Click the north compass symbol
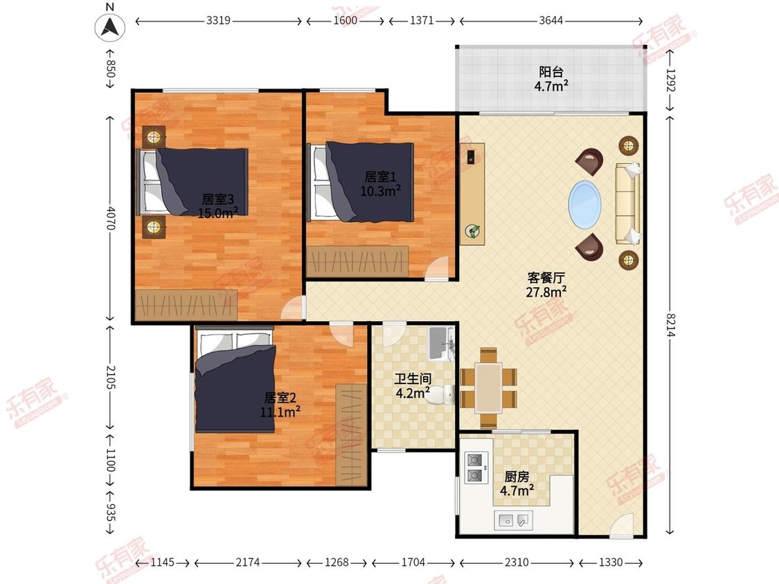[x=110, y=26]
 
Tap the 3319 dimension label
[x=218, y=20]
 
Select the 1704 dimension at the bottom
[x=413, y=562]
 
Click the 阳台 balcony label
[x=551, y=73]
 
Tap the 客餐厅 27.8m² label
[x=546, y=284]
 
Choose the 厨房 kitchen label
[x=517, y=477]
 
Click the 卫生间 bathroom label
[x=413, y=379]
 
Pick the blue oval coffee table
[x=584, y=205]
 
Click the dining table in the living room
[x=488, y=388]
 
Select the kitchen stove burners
[x=474, y=467]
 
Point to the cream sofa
[x=628, y=203]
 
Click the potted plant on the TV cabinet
[x=472, y=231]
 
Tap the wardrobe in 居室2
[x=351, y=435]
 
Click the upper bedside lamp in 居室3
[x=154, y=136]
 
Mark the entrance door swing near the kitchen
[x=622, y=525]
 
